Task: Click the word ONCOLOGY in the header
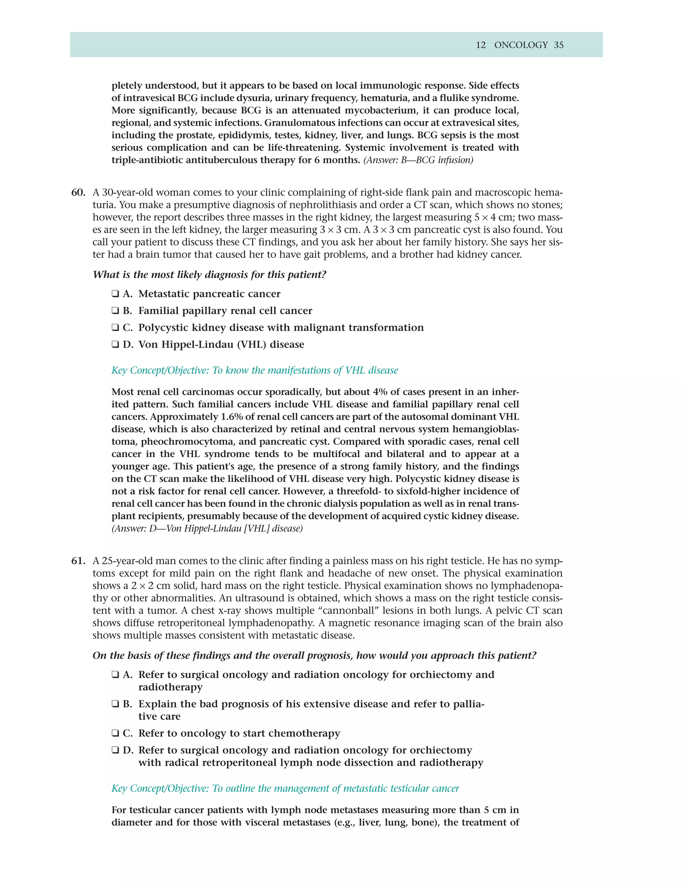(521, 45)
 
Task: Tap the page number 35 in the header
(559, 45)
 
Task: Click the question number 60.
(78, 192)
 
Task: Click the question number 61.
(78, 561)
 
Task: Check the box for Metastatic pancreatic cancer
(115, 294)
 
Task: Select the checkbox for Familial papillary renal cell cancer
(115, 311)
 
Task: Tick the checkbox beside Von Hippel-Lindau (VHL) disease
(115, 344)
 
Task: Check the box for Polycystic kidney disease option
(115, 328)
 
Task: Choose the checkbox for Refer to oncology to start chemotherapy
(115, 734)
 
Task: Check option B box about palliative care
(115, 704)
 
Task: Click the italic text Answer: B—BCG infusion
(418, 160)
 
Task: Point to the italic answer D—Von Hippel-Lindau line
(207, 529)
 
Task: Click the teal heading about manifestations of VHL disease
(255, 370)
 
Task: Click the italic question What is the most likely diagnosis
(209, 274)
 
